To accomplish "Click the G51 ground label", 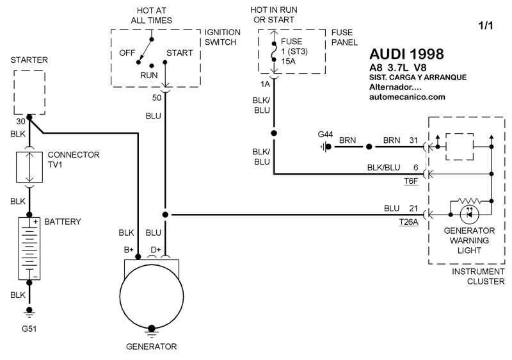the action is (x=29, y=329).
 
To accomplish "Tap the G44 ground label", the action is (x=325, y=135).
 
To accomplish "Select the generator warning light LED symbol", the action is (x=469, y=215).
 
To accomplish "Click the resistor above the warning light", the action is (x=469, y=200).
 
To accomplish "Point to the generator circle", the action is (x=152, y=296).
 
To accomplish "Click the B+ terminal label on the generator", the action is (x=129, y=250).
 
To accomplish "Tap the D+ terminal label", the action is (x=156, y=250).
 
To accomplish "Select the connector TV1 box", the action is (x=29, y=167).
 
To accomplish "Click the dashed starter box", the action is (x=29, y=92).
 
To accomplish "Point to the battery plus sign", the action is (x=36, y=222).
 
